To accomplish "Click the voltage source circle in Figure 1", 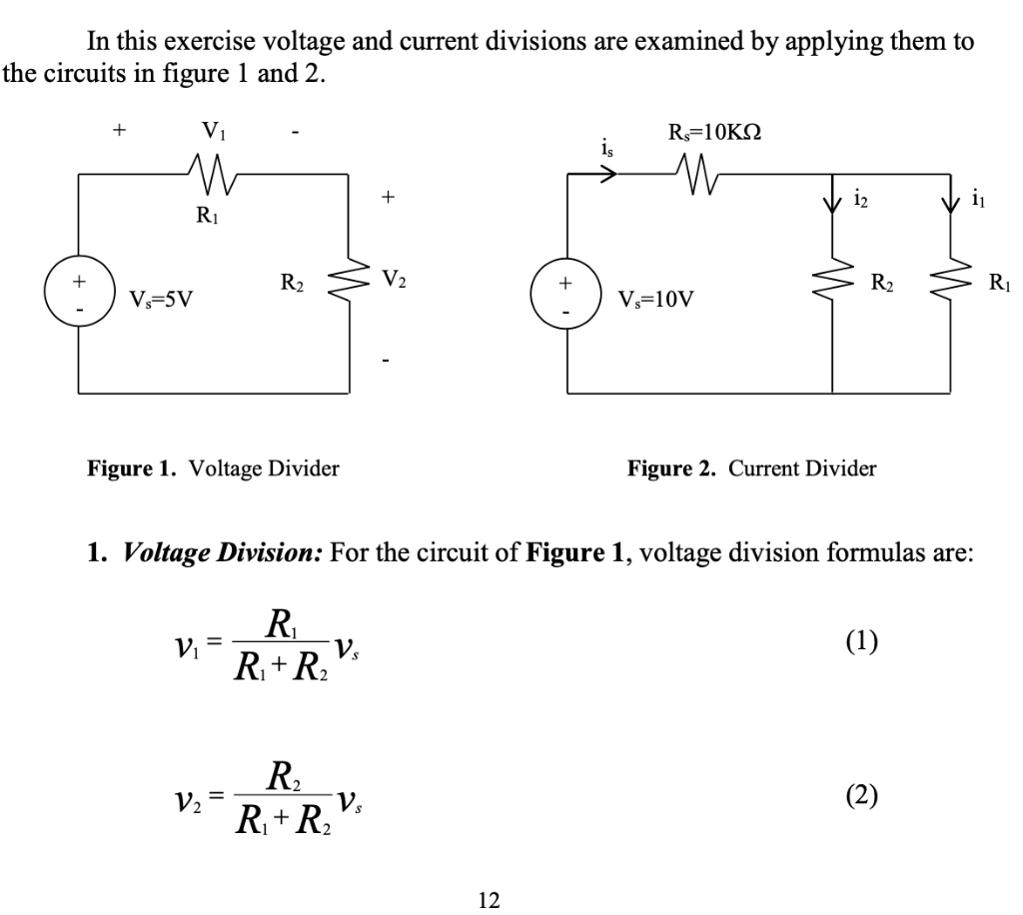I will pyautogui.click(x=79, y=291).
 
